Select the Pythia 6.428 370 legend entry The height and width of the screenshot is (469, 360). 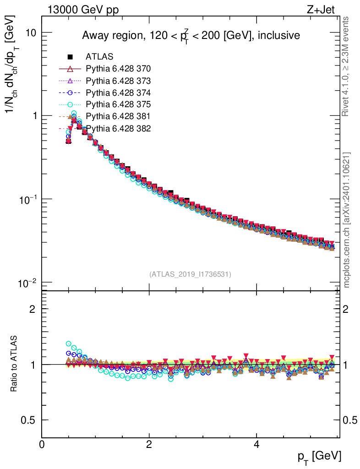pyautogui.click(x=118, y=69)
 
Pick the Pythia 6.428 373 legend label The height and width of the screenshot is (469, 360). pyautogui.click(x=118, y=81)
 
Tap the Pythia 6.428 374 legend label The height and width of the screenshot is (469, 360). pyautogui.click(x=118, y=93)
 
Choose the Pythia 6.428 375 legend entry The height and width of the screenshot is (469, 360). pyautogui.click(x=118, y=104)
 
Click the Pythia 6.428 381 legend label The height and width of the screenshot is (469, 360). pyautogui.click(x=118, y=116)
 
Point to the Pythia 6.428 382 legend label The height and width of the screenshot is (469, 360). pyautogui.click(x=118, y=128)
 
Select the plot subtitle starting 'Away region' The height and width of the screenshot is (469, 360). pyautogui.click(x=191, y=35)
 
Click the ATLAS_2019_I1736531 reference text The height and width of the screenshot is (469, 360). pyautogui.click(x=190, y=274)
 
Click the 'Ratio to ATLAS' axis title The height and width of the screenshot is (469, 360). pyautogui.click(x=14, y=364)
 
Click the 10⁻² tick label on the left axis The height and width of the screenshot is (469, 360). pyautogui.click(x=27, y=282)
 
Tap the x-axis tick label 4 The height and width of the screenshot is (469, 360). pyautogui.click(x=256, y=445)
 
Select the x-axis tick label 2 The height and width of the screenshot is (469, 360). pyautogui.click(x=149, y=445)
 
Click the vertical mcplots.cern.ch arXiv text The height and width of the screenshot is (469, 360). pyautogui.click(x=347, y=220)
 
